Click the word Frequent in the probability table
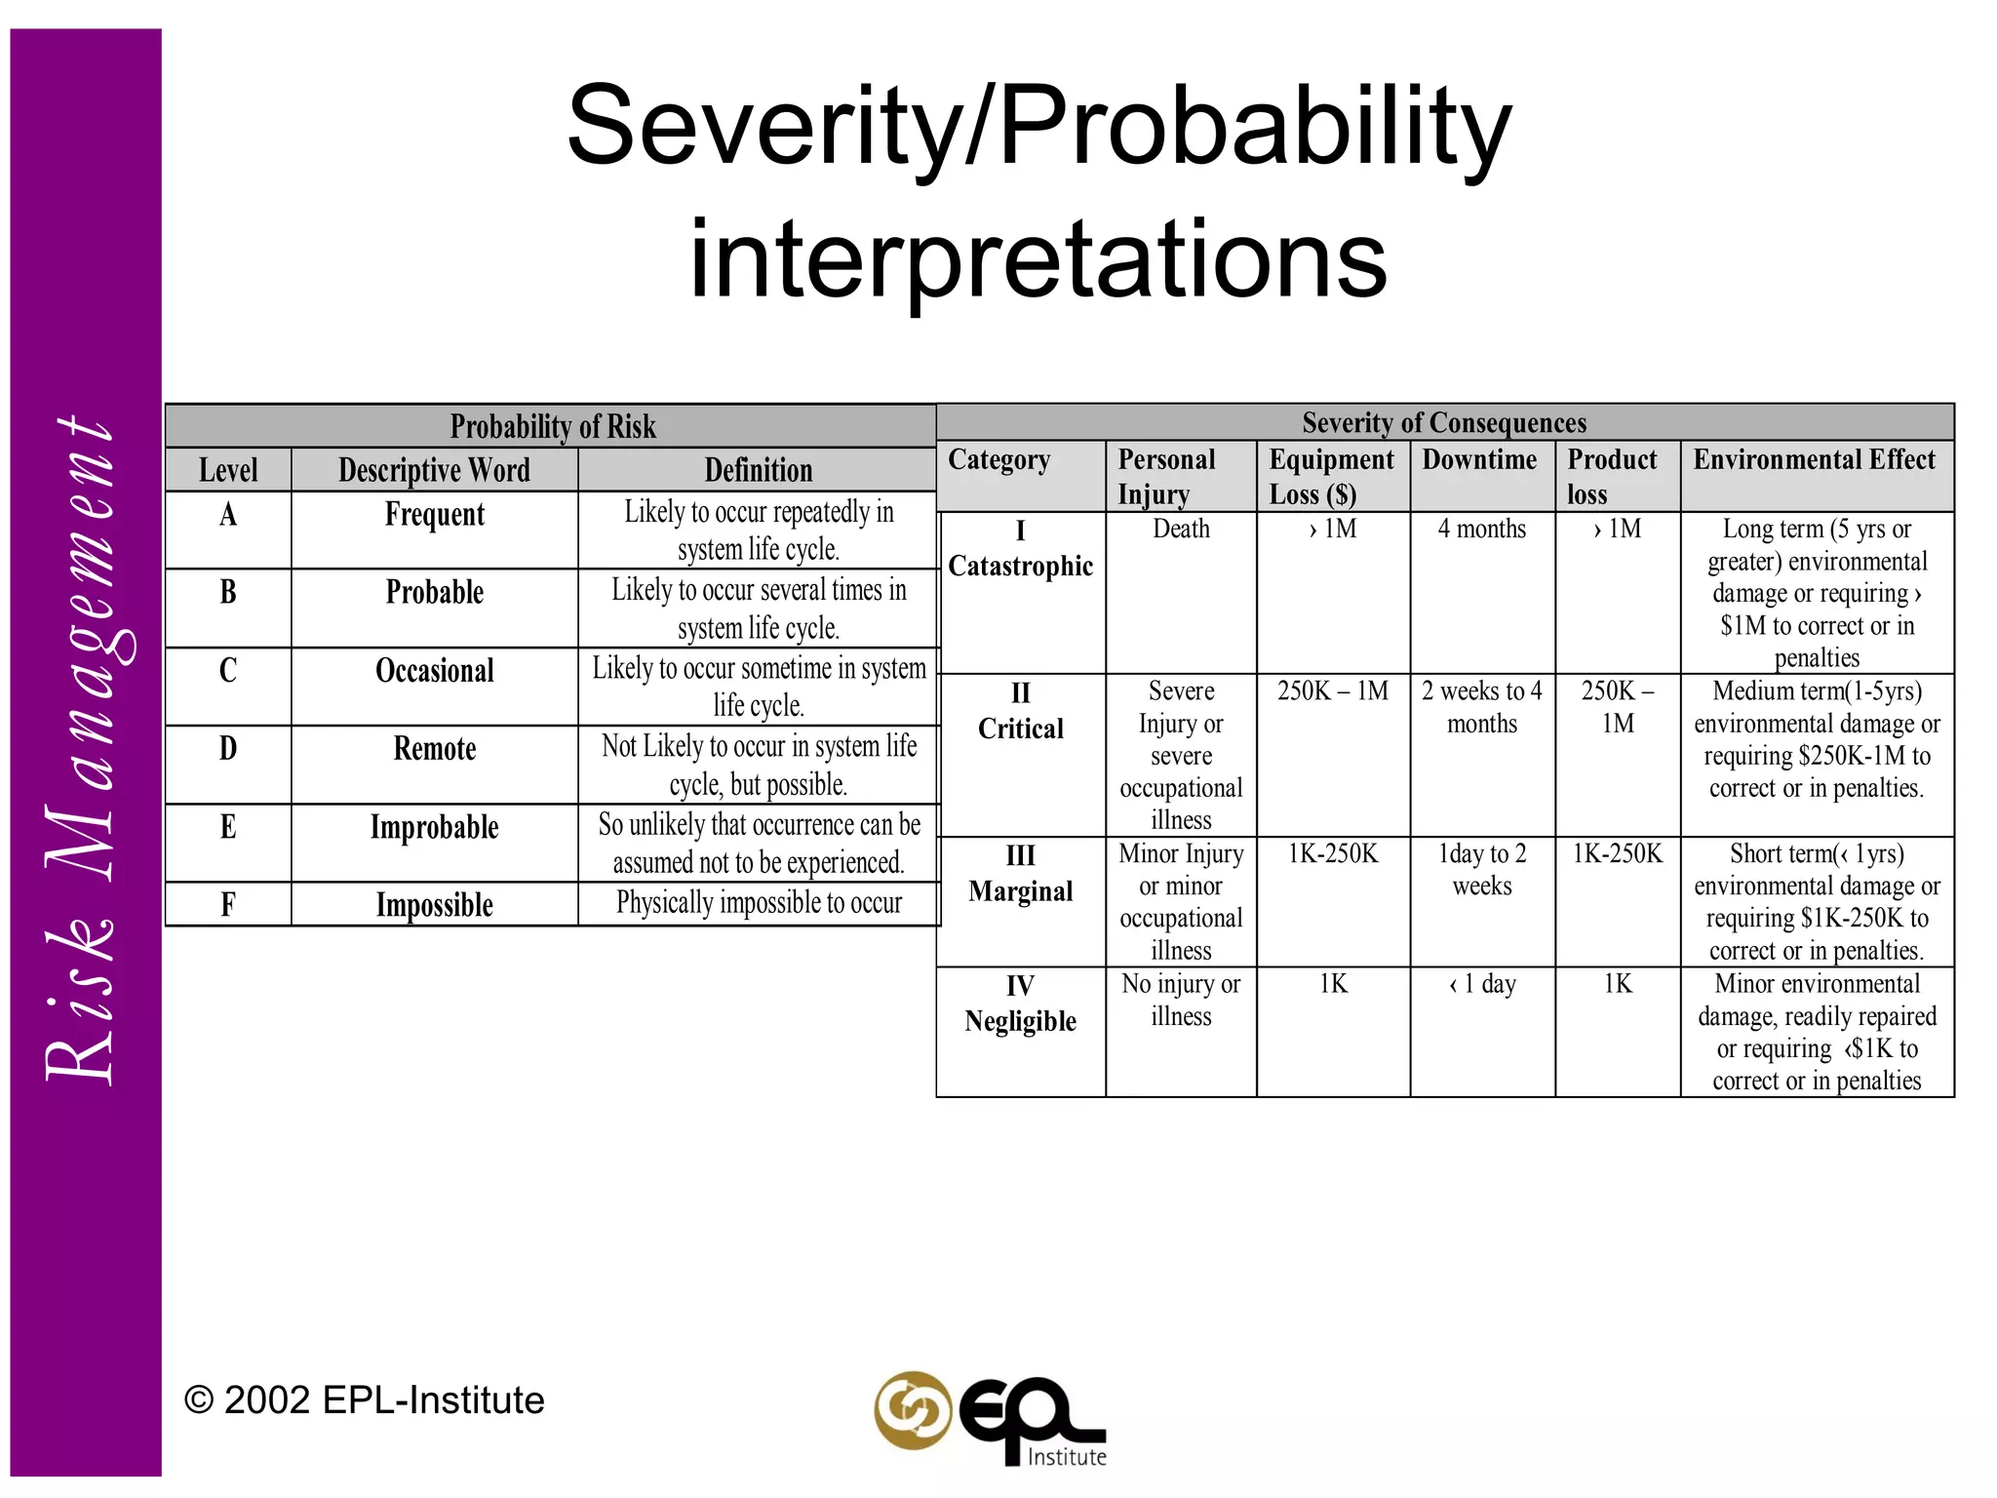(434, 515)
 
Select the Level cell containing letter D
(228, 749)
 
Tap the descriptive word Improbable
(434, 827)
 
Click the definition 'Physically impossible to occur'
(759, 903)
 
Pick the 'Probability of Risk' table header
(552, 426)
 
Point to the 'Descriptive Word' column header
(434, 470)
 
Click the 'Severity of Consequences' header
(1444, 422)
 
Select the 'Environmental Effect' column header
(1814, 459)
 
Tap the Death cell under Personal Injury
(1181, 529)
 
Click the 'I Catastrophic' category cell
(1020, 550)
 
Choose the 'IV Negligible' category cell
(1020, 1005)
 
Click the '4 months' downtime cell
(1481, 529)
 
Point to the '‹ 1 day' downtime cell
(1481, 984)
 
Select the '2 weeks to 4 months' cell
(1481, 707)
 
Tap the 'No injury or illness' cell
(1181, 1000)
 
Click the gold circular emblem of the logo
(913, 1410)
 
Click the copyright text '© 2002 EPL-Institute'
(364, 1400)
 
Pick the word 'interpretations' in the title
(1038, 258)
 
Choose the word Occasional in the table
(434, 671)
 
